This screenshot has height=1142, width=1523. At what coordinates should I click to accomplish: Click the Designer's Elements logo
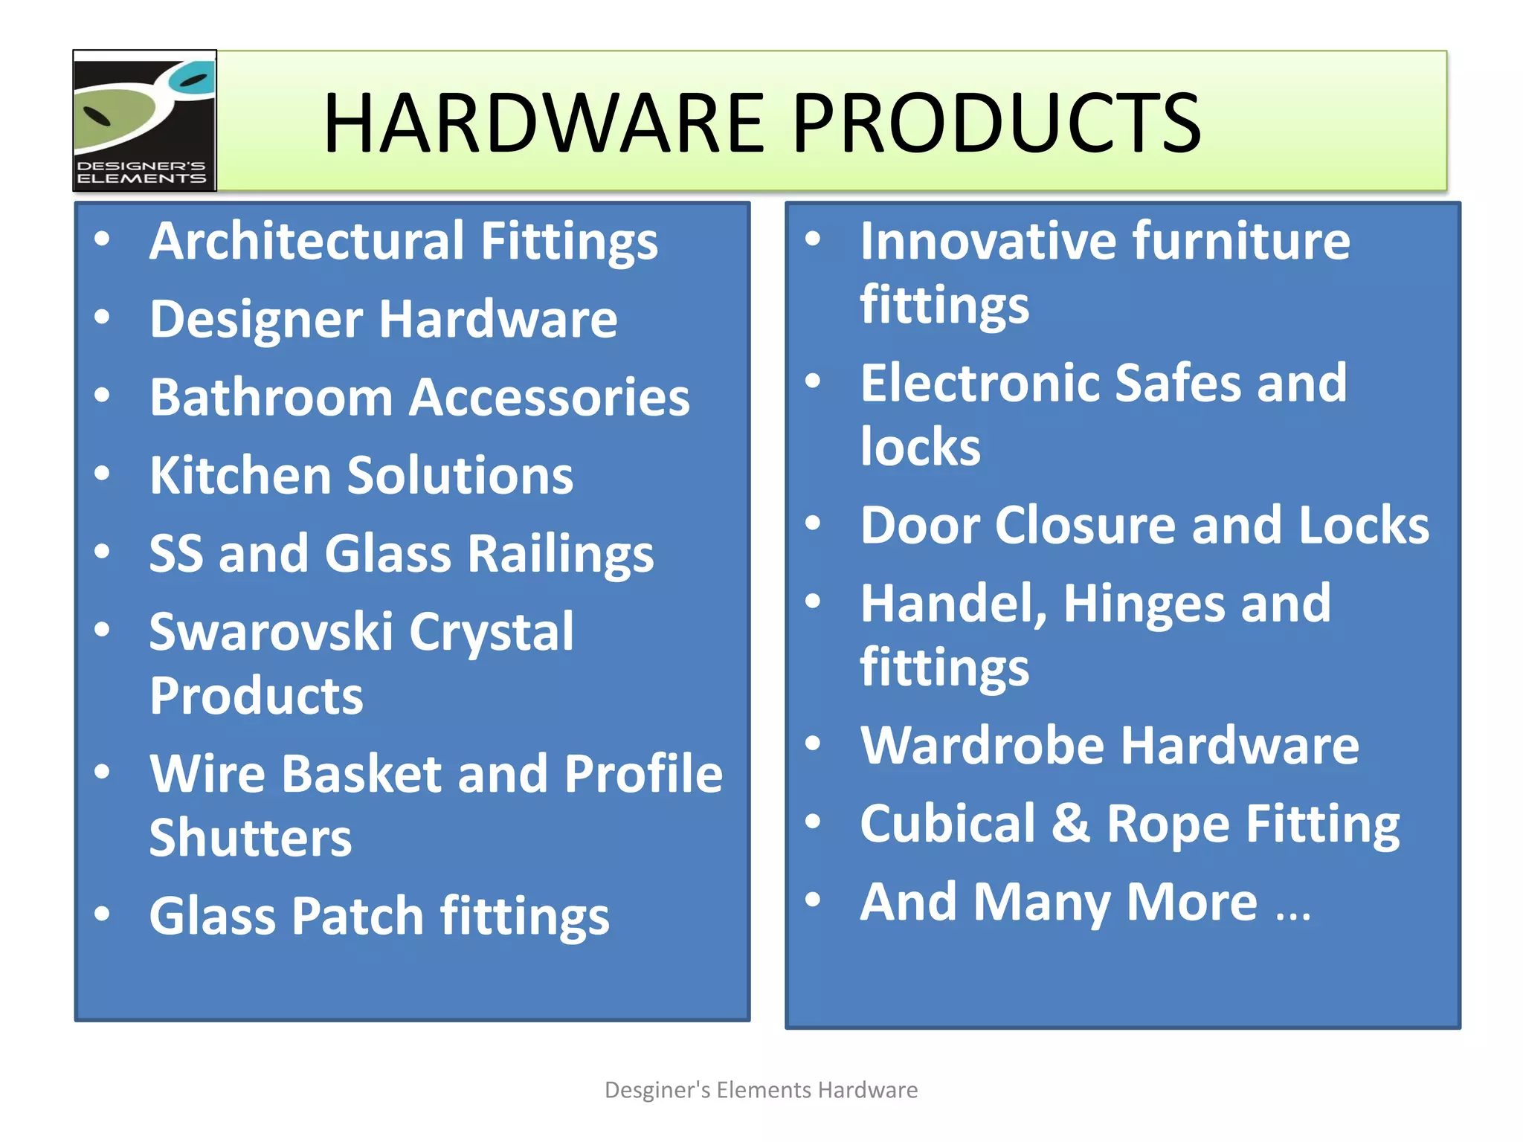coord(144,120)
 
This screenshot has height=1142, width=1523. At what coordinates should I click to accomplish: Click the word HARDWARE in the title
coord(544,123)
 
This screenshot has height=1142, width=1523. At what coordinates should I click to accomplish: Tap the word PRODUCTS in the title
coord(996,123)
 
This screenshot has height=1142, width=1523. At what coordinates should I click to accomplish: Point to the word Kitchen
coord(240,475)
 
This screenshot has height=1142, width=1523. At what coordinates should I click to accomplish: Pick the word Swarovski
coord(271,632)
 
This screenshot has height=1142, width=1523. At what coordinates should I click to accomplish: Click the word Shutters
coord(251,838)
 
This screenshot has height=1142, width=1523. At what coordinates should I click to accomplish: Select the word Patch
coord(358,916)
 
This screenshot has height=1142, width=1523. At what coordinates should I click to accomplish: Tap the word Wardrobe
coord(982,745)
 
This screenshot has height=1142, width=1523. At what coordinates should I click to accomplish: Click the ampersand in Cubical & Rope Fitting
coord(1071,823)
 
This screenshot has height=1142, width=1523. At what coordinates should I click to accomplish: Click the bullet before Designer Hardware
coord(103,317)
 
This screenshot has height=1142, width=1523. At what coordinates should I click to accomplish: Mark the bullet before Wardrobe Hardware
coord(814,743)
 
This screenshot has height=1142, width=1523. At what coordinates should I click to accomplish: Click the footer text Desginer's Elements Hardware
coord(761,1090)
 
